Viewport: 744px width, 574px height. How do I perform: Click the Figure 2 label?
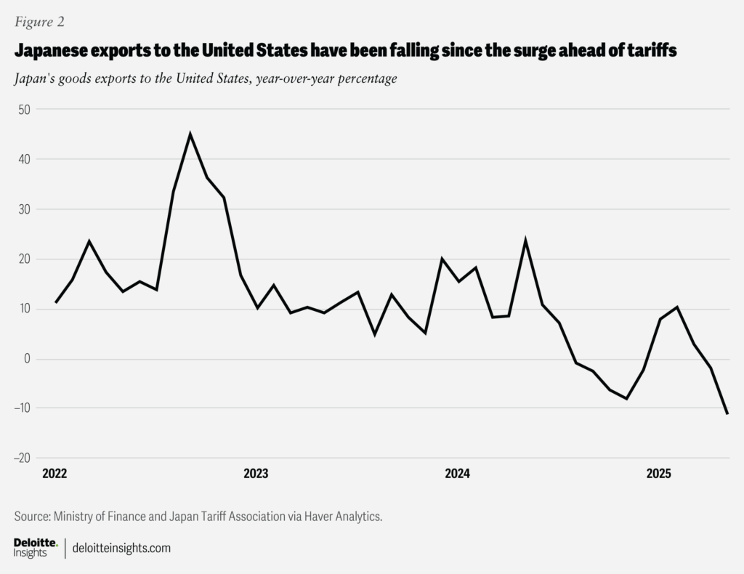click(39, 22)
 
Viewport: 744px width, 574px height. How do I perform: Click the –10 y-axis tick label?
click(21, 408)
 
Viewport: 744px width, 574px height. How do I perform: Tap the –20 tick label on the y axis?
click(21, 458)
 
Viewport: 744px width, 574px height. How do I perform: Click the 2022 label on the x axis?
click(54, 474)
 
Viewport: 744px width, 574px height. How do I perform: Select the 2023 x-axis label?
click(256, 474)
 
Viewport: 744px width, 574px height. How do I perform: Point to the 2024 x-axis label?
click(457, 474)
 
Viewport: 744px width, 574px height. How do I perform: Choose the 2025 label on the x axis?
click(658, 474)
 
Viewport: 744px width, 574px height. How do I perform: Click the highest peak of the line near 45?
click(190, 134)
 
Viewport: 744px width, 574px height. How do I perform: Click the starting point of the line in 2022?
click(56, 302)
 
